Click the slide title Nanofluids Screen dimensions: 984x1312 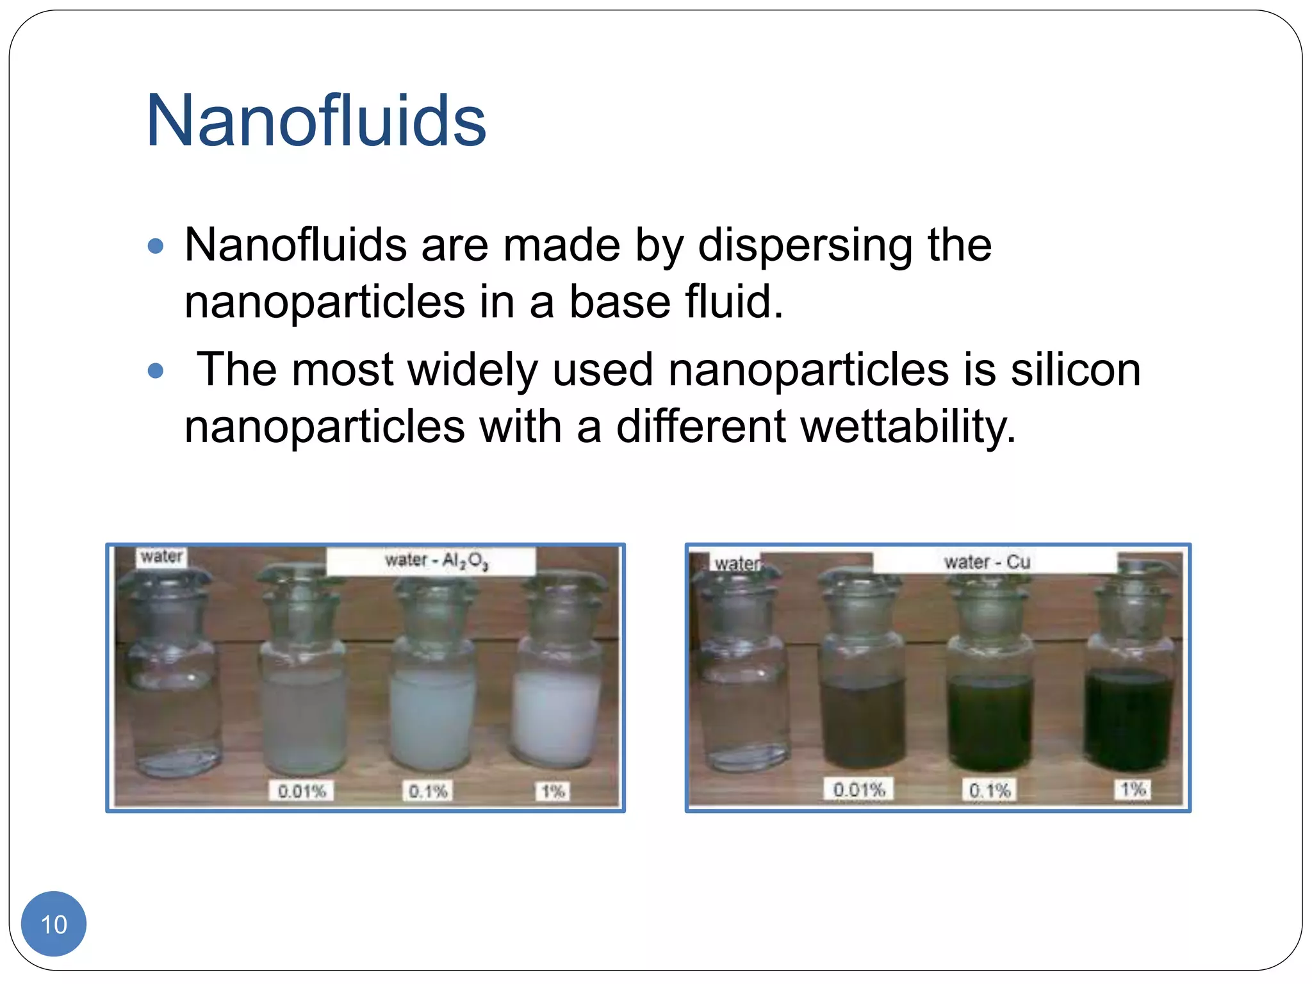pyautogui.click(x=316, y=120)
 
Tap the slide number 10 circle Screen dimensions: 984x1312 pyautogui.click(x=54, y=924)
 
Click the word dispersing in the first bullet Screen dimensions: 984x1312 pyautogui.click(x=805, y=246)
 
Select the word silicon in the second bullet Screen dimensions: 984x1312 pyautogui.click(x=1076, y=370)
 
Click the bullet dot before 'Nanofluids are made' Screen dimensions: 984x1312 pyautogui.click(x=156, y=246)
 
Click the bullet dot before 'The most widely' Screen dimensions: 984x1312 pyautogui.click(x=156, y=370)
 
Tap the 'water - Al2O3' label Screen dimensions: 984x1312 pyautogui.click(x=436, y=561)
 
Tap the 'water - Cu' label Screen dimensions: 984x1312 pyautogui.click(x=987, y=562)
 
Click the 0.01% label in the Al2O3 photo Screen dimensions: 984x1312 pyautogui.click(x=302, y=791)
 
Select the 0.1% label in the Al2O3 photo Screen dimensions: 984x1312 pyautogui.click(x=428, y=791)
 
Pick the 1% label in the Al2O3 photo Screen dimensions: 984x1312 pyautogui.click(x=553, y=791)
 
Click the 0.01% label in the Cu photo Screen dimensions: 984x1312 pyautogui.click(x=859, y=789)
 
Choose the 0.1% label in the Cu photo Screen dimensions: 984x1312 pyautogui.click(x=990, y=790)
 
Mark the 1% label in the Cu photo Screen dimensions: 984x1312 pyautogui.click(x=1133, y=789)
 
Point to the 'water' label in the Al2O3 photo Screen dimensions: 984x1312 pyautogui.click(x=162, y=556)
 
